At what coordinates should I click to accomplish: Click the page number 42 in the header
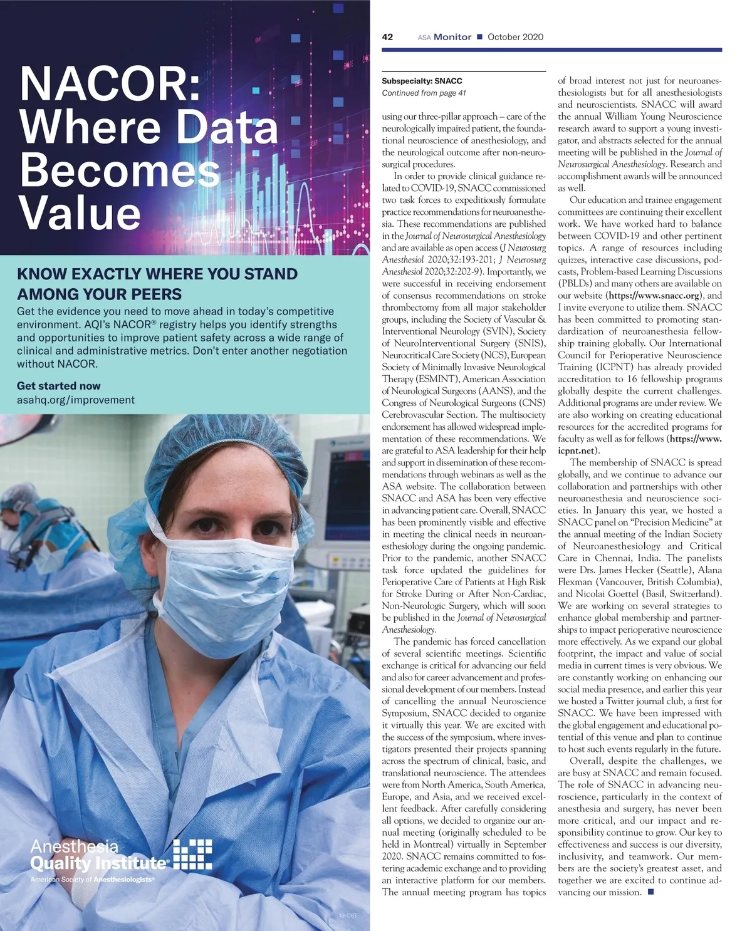(x=387, y=37)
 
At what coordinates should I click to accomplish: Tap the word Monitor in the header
(x=452, y=37)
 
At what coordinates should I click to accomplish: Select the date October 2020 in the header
(x=515, y=37)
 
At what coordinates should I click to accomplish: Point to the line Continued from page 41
(x=424, y=93)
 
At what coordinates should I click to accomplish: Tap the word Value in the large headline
(x=80, y=213)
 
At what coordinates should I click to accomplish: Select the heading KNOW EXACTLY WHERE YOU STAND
(x=157, y=274)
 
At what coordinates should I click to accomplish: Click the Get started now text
(x=58, y=386)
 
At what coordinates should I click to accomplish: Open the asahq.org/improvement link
(x=75, y=400)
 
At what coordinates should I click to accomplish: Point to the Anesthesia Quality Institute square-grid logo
(x=192, y=855)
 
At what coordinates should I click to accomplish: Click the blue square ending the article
(x=650, y=892)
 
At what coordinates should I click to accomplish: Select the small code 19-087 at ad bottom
(x=347, y=916)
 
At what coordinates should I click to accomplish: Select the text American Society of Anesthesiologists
(x=91, y=880)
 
